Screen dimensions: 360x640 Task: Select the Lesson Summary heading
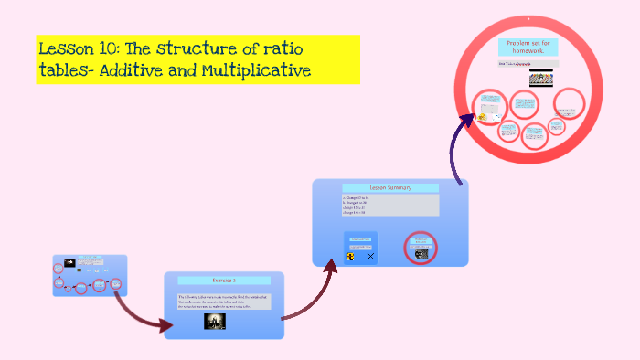390,187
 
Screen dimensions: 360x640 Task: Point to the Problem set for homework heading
528,48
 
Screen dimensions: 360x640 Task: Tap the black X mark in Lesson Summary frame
370,257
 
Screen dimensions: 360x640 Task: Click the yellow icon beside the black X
350,257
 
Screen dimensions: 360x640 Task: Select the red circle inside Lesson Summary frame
421,247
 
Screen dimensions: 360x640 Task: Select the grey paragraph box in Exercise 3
224,302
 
